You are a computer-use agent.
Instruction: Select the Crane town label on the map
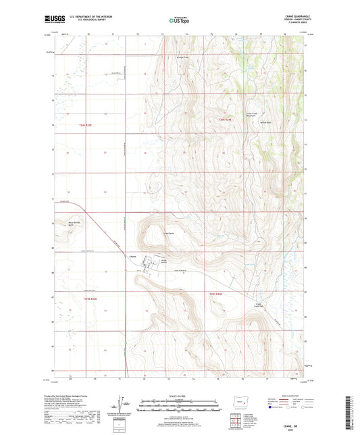[x=132, y=255]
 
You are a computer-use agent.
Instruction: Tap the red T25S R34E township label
[x=215, y=293]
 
